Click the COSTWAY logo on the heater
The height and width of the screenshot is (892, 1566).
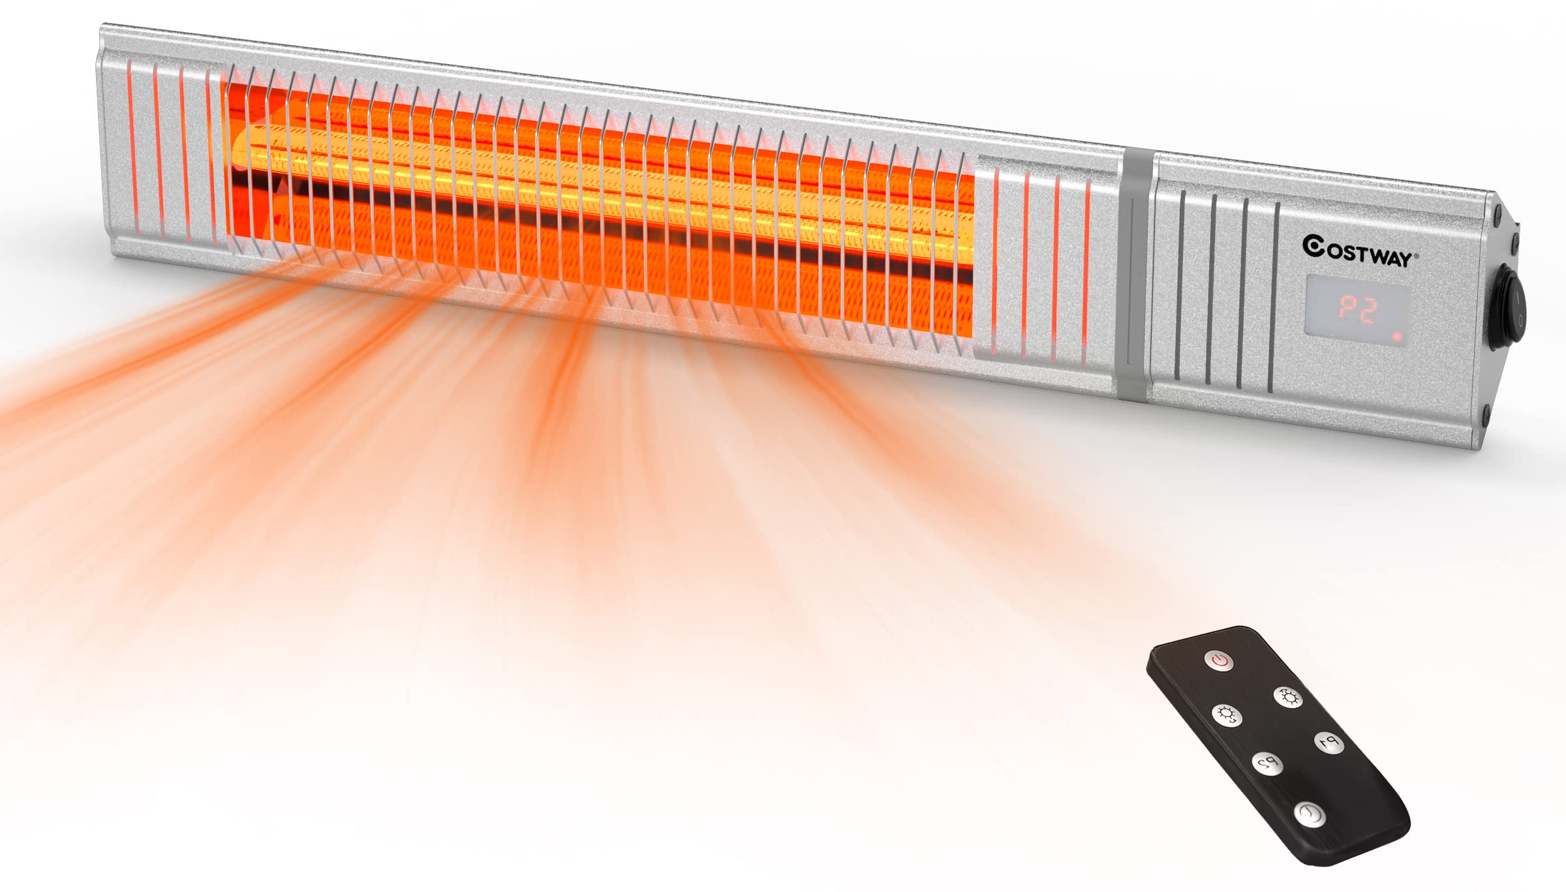coord(1360,251)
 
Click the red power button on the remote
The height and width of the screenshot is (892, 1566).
coord(1219,660)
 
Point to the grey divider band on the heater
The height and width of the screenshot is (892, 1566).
coord(1135,274)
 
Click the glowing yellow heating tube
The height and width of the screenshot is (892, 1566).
coord(600,183)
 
